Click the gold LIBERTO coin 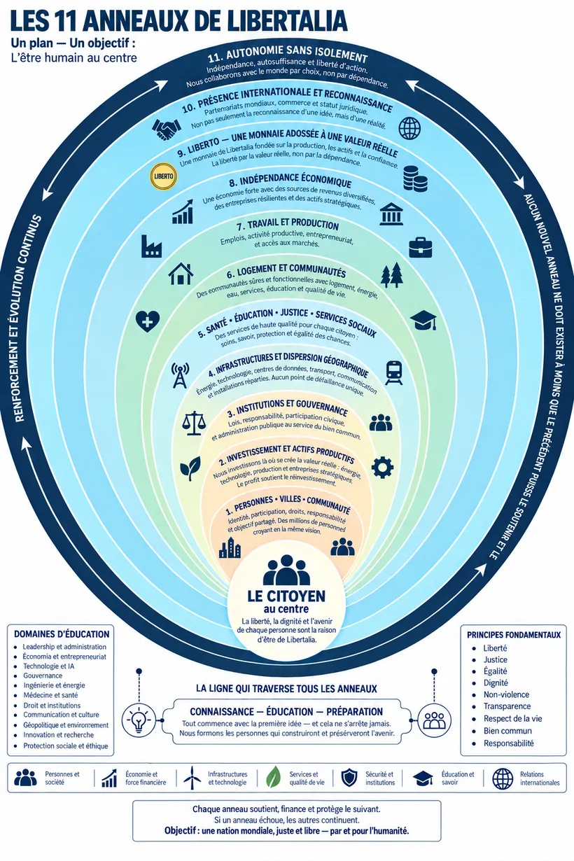[163, 176]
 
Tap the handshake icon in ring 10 [167, 128]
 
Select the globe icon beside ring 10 [409, 128]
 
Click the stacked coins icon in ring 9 [415, 178]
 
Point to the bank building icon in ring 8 [391, 213]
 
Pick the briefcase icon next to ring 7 [420, 247]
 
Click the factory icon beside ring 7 [151, 246]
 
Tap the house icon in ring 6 [181, 274]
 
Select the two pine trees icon [392, 275]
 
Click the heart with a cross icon [148, 321]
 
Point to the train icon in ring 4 [394, 372]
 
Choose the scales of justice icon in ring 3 [194, 423]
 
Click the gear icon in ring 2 [382, 467]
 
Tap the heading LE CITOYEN [286, 596]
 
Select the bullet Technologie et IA [49, 666]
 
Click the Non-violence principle [506, 694]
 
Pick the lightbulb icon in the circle [139, 720]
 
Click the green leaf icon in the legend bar [274, 777]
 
